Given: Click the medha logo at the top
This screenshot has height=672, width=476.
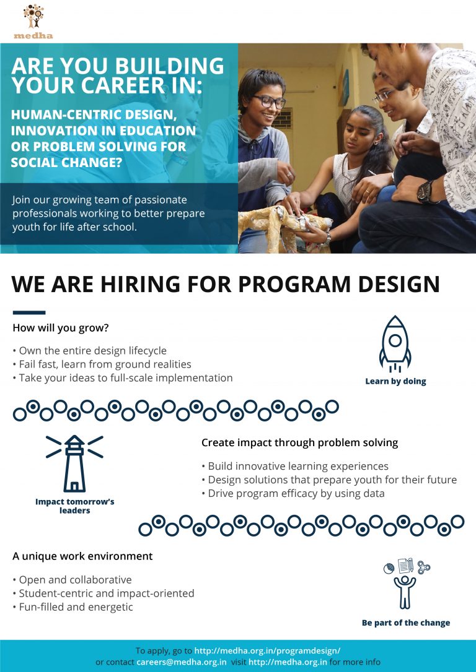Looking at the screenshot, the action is (x=33, y=22).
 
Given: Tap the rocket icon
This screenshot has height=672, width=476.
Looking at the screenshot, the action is (x=395, y=343).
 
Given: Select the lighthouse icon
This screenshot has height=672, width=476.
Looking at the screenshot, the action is (x=74, y=463).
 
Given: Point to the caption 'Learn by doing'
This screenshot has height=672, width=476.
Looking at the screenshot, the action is (x=395, y=381).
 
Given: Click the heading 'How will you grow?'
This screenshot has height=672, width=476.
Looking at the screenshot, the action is (x=61, y=328).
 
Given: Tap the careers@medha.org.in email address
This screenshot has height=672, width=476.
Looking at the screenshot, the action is (x=181, y=661).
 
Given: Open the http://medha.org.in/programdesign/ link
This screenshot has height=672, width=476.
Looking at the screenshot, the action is (x=267, y=650).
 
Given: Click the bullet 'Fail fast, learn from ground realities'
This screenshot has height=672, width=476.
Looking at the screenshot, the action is (x=102, y=364).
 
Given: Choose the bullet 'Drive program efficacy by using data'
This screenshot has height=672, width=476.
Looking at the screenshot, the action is (x=293, y=493).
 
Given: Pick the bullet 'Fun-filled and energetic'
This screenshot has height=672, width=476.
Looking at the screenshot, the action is (x=73, y=607).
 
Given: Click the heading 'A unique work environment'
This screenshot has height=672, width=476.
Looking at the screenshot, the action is (x=82, y=556).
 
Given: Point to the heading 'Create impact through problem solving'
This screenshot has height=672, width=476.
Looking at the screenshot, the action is (x=299, y=442).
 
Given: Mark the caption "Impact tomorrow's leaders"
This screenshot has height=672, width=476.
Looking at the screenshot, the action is (x=74, y=506).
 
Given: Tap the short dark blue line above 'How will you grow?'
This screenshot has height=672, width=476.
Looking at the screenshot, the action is (x=29, y=312).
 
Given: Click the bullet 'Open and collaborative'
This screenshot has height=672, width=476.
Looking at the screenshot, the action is (x=72, y=580).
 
